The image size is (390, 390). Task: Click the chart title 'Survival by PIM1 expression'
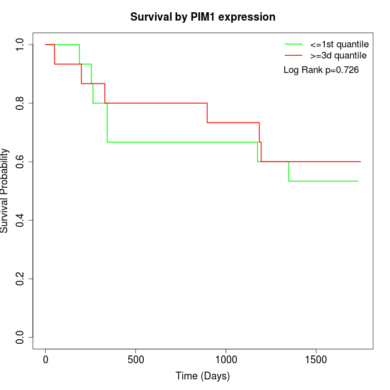click(203, 17)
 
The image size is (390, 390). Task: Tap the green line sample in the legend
click(294, 44)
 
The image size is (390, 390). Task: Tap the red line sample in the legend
click(294, 56)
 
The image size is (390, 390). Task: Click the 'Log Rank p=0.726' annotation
click(321, 70)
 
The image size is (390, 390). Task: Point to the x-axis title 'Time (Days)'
click(203, 376)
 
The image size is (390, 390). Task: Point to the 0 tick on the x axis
click(46, 360)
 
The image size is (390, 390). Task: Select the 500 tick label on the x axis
click(136, 360)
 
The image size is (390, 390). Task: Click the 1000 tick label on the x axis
click(226, 360)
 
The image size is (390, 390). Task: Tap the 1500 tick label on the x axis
click(316, 360)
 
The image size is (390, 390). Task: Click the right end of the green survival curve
click(358, 181)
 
